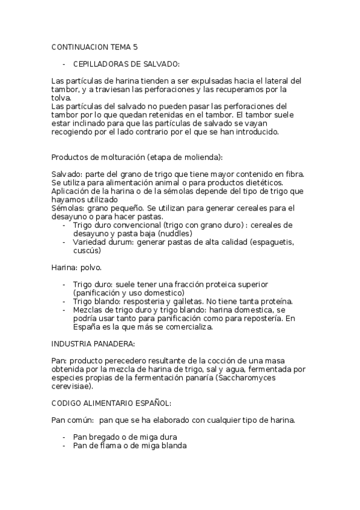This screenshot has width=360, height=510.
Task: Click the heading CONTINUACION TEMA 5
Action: (x=94, y=46)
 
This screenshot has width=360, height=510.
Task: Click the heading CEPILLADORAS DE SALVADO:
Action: (x=126, y=63)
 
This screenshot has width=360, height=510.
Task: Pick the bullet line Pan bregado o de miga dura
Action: (x=125, y=437)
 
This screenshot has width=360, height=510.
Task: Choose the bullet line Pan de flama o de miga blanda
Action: (x=129, y=446)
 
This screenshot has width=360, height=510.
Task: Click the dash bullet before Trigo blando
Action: (x=64, y=301)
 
